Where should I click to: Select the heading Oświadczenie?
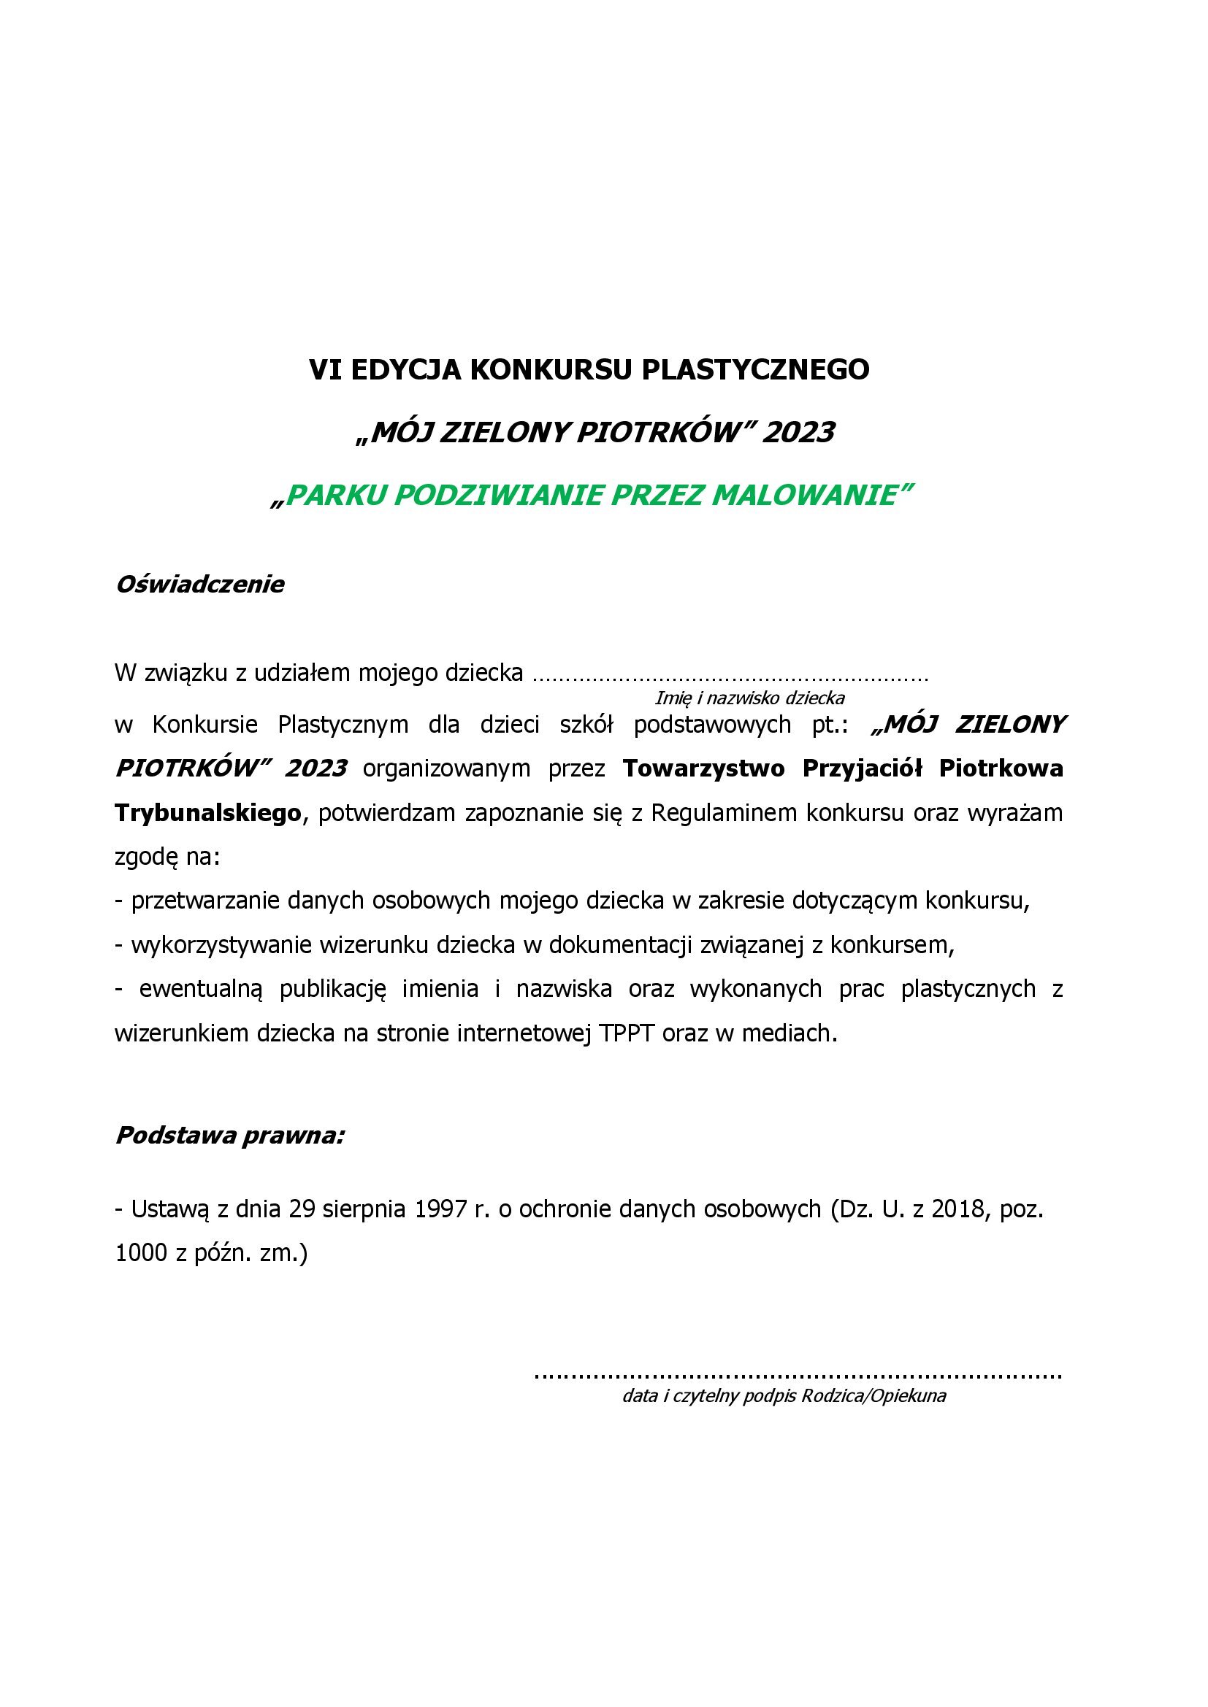(199, 585)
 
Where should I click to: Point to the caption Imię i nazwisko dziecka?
(749, 698)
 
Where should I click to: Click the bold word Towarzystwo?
(703, 768)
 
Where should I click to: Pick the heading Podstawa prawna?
(230, 1136)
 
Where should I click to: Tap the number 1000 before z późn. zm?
(142, 1254)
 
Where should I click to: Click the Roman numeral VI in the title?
(322, 369)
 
